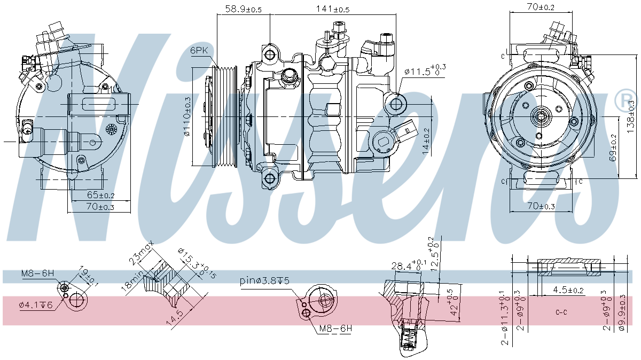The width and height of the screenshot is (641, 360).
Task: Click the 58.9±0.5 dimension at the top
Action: coord(243,9)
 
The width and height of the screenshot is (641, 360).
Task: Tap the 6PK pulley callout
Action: coord(199,51)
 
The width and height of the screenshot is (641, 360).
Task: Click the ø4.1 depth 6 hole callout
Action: coord(36,305)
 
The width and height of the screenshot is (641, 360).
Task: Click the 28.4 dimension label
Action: coord(407,265)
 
